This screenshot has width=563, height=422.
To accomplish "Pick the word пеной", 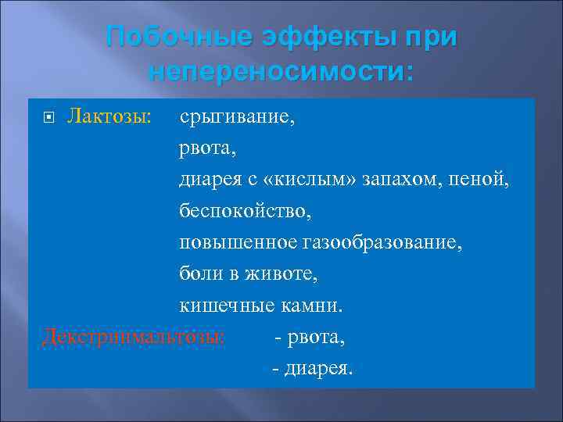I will click(x=482, y=181).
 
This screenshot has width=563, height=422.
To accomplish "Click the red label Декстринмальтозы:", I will click(x=133, y=337).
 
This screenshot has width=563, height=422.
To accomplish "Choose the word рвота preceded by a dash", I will click(x=317, y=337).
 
